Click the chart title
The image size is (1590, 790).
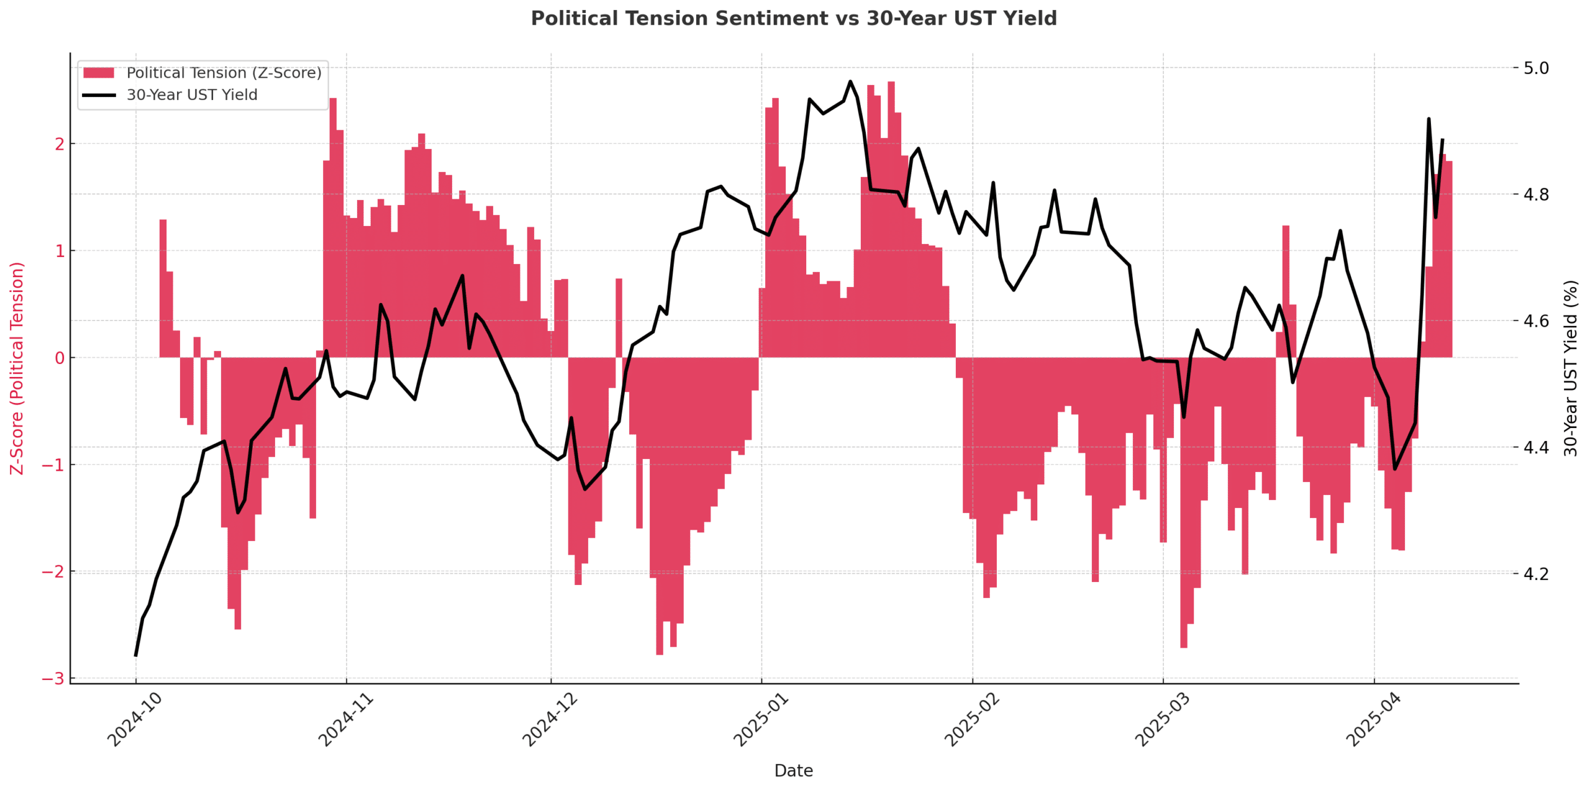point(793,19)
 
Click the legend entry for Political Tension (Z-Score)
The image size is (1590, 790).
point(224,73)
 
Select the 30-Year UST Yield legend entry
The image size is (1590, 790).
point(191,95)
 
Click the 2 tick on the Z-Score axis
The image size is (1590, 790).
point(60,144)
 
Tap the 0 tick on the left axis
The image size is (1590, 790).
point(60,358)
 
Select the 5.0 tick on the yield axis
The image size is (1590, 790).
point(1536,68)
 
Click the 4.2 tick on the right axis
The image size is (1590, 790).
point(1536,573)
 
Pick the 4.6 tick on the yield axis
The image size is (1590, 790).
point(1536,320)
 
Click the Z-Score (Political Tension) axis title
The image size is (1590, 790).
point(17,368)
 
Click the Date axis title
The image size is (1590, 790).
point(793,771)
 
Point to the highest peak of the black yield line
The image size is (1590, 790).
point(850,81)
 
